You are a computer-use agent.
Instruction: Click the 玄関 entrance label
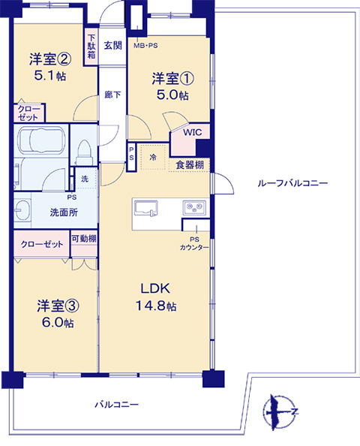(112, 45)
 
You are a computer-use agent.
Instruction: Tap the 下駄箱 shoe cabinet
(91, 47)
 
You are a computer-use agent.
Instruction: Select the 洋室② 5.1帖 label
(50, 67)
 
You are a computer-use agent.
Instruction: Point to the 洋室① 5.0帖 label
(172, 86)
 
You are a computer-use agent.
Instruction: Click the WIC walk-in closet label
(192, 132)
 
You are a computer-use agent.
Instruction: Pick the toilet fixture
(84, 152)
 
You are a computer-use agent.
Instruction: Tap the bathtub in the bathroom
(41, 141)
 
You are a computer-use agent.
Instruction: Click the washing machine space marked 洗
(86, 179)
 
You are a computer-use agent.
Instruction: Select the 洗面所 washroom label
(64, 212)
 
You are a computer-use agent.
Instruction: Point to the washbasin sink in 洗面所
(22, 210)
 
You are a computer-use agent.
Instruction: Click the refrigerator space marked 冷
(153, 157)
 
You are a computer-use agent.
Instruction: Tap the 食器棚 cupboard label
(190, 164)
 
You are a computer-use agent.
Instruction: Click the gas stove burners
(195, 207)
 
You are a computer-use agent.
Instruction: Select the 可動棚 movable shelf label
(84, 238)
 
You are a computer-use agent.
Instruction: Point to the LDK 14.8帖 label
(156, 297)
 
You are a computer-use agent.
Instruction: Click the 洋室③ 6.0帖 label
(58, 314)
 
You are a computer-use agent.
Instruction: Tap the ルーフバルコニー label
(292, 183)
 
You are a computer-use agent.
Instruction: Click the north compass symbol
(280, 411)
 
